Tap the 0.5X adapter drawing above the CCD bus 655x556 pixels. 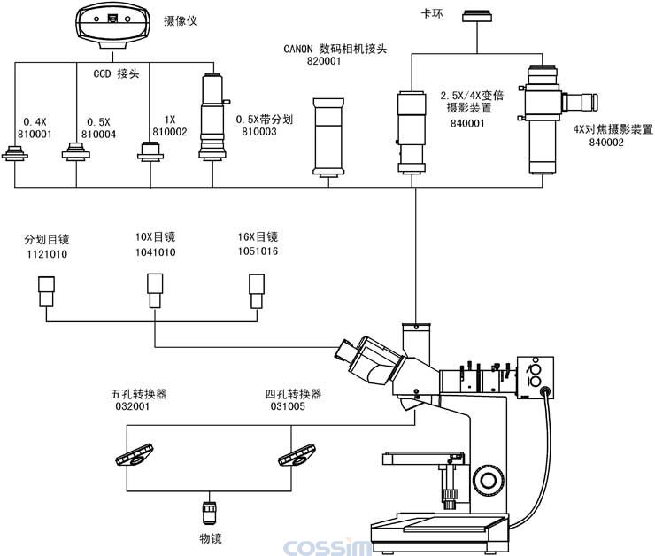pos(76,156)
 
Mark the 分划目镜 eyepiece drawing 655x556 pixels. pos(46,290)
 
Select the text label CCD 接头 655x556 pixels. pos(116,74)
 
